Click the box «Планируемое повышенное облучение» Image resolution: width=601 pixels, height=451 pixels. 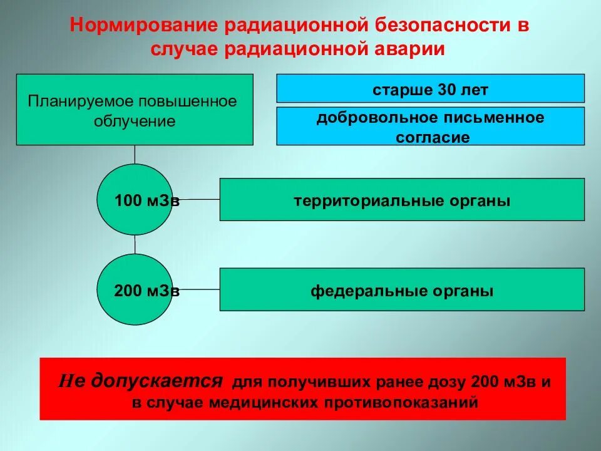click(135, 110)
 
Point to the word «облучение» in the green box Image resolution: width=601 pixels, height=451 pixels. click(135, 121)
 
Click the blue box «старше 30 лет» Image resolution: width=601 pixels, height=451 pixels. click(430, 88)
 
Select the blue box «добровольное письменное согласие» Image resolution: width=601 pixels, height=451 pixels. click(430, 127)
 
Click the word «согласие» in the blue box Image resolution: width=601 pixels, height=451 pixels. click(433, 138)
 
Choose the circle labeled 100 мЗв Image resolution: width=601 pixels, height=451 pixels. click(135, 200)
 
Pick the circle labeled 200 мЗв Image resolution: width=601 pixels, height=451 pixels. click(135, 289)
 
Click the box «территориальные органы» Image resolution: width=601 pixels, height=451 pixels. click(402, 200)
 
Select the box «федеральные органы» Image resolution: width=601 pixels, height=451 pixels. click(402, 289)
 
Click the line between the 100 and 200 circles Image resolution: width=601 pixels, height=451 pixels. click(135, 244)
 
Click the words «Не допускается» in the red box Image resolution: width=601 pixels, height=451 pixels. click(141, 380)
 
